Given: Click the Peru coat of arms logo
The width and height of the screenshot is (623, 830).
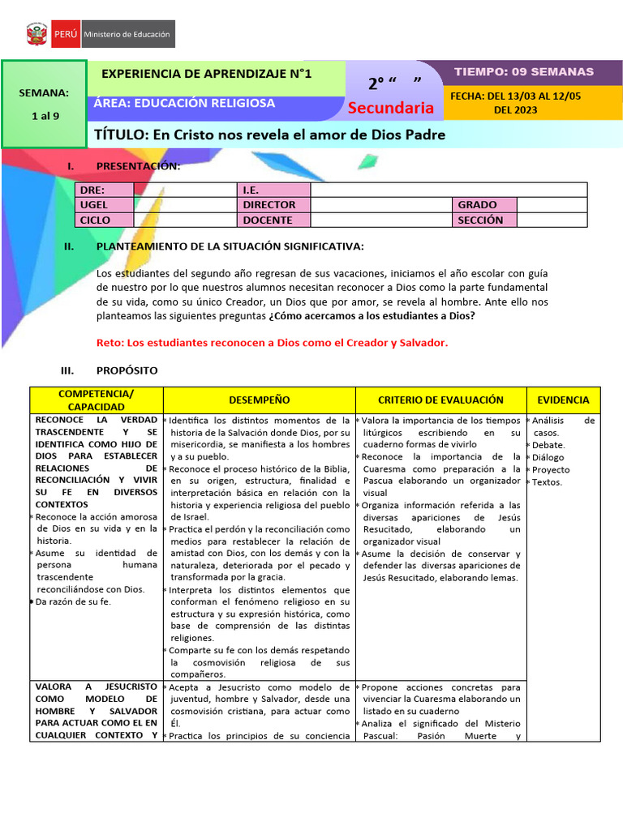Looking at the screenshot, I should [37, 35].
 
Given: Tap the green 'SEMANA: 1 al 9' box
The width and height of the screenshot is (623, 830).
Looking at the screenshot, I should [45, 104].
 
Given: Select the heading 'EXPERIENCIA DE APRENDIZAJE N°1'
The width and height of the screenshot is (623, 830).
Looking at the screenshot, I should [206, 74].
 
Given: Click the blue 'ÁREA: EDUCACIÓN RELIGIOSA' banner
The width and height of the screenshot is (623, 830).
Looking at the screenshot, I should [184, 103].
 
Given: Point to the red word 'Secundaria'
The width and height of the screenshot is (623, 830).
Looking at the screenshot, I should [390, 108].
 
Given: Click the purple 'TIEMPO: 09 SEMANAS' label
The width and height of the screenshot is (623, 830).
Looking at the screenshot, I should [523, 72].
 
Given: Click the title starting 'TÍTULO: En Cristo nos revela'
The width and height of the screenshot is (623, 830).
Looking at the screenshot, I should [270, 135].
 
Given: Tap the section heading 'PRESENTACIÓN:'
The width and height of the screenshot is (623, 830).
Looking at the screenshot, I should [138, 166].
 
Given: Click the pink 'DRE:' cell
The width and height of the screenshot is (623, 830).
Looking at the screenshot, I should [103, 190].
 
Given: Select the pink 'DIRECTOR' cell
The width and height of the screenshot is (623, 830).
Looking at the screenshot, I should [273, 205].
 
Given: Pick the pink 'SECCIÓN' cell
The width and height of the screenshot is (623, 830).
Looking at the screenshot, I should [484, 220].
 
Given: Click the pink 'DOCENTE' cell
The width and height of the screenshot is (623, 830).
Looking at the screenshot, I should [273, 220].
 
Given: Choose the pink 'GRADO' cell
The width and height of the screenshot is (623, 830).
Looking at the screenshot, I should [484, 205].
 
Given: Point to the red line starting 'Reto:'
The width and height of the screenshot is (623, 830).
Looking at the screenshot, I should [272, 342].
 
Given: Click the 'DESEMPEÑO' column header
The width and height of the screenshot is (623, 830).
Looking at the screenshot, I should [259, 400].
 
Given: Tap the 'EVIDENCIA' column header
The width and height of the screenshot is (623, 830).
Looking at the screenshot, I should [563, 400].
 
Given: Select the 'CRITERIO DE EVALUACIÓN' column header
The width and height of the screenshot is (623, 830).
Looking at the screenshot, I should [440, 400].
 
